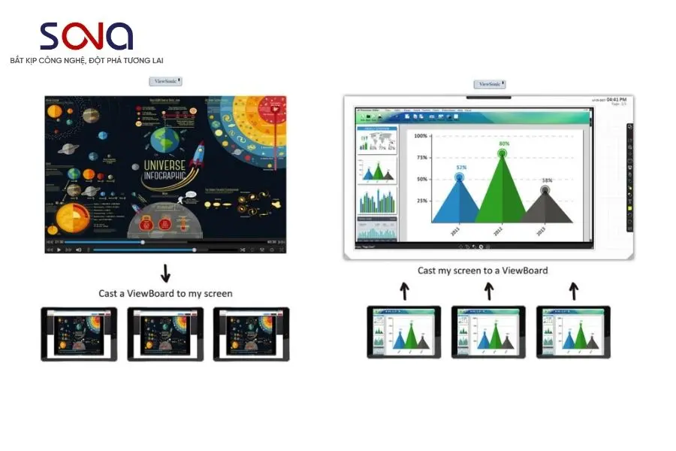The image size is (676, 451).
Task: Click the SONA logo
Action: [x=86, y=36]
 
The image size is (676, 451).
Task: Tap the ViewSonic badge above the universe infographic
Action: [x=166, y=81]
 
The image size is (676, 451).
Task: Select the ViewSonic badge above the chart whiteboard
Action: [x=490, y=84]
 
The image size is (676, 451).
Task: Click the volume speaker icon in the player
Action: [x=78, y=250]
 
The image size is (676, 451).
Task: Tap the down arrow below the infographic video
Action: [x=166, y=272]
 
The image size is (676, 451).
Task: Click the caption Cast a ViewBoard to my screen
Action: [x=165, y=293]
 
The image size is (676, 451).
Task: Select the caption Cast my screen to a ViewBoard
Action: [x=482, y=271]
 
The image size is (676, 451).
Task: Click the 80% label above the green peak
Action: [x=503, y=144]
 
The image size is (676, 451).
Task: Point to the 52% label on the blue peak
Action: [x=461, y=167]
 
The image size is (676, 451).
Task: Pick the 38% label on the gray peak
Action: [x=547, y=180]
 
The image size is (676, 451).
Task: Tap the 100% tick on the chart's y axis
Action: [x=421, y=136]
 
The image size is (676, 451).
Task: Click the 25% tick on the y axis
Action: [x=422, y=201]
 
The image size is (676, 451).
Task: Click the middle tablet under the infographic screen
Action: [x=165, y=333]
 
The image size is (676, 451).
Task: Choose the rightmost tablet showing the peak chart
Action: [x=573, y=331]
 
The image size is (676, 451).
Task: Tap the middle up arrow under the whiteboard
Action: [x=489, y=290]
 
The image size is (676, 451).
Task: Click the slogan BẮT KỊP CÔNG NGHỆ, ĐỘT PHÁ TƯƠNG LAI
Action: [x=86, y=59]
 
